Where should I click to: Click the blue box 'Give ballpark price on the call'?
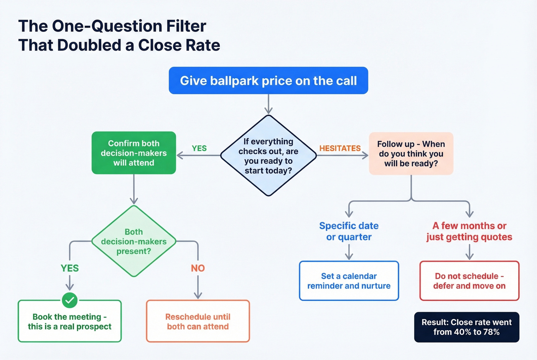pos(268,81)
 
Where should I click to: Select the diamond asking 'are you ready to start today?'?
pos(268,156)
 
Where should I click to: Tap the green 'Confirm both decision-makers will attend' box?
pos(133,153)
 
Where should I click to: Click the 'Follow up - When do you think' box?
pos(411,154)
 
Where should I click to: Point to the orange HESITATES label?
pos(340,148)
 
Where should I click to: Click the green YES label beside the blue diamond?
pos(199,148)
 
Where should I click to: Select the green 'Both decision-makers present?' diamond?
pos(133,242)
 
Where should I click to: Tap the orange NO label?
pos(198,268)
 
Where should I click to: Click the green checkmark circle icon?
pos(70,300)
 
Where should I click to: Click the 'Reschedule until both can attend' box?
pos(198,322)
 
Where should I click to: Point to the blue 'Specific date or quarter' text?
pos(349,231)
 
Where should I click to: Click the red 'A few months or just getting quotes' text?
pos(469,231)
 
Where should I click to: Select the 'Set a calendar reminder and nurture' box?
pos(349,281)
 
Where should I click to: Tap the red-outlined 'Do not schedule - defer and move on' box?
pos(469,281)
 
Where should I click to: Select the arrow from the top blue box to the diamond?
pos(268,104)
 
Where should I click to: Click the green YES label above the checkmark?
pos(70,268)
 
